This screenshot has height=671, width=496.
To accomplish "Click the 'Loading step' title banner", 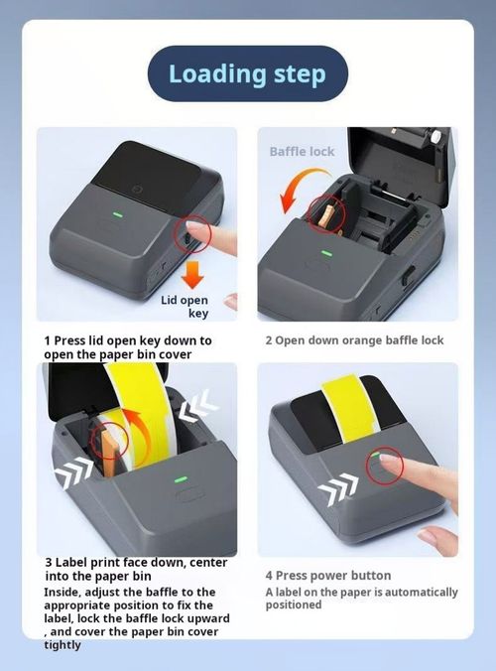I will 247,73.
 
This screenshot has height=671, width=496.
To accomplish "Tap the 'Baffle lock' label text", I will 303,152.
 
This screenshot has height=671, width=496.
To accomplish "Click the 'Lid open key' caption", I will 185,305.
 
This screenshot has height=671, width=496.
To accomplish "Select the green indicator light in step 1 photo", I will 118,210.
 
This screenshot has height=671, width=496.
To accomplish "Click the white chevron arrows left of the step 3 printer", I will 75,474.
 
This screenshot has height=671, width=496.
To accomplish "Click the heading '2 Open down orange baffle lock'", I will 354,340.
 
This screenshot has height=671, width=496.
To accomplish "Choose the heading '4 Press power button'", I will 328,576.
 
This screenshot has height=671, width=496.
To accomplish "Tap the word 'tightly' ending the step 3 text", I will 62,644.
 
